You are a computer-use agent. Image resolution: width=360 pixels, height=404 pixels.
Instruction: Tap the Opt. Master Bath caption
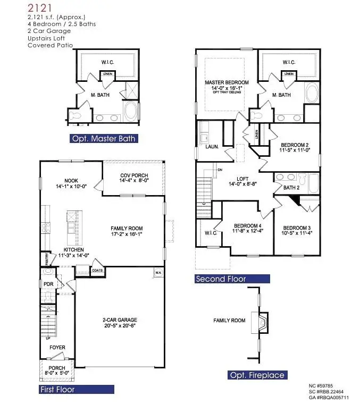(104, 139)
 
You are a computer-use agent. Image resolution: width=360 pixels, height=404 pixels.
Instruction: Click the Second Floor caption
(221, 279)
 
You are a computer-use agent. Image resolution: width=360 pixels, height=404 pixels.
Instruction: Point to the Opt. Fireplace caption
(257, 375)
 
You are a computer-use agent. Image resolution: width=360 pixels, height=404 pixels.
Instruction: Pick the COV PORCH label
(133, 176)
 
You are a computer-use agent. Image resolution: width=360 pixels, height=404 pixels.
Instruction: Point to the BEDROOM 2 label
(295, 145)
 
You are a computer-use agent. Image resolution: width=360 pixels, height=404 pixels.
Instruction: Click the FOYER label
(57, 348)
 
